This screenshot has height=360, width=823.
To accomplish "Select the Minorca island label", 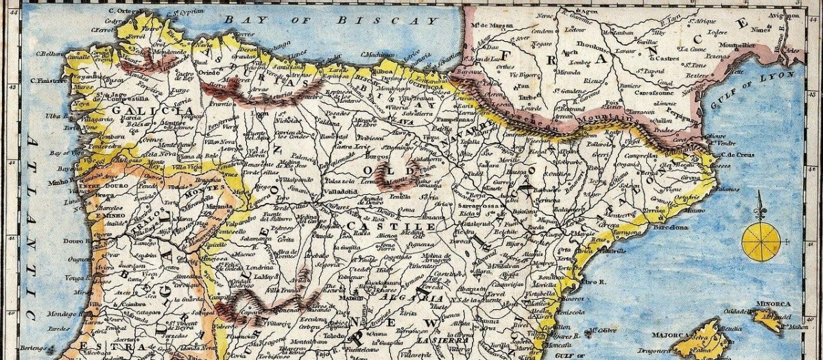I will point(774,303).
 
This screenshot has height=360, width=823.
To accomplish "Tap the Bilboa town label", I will point(382,71).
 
